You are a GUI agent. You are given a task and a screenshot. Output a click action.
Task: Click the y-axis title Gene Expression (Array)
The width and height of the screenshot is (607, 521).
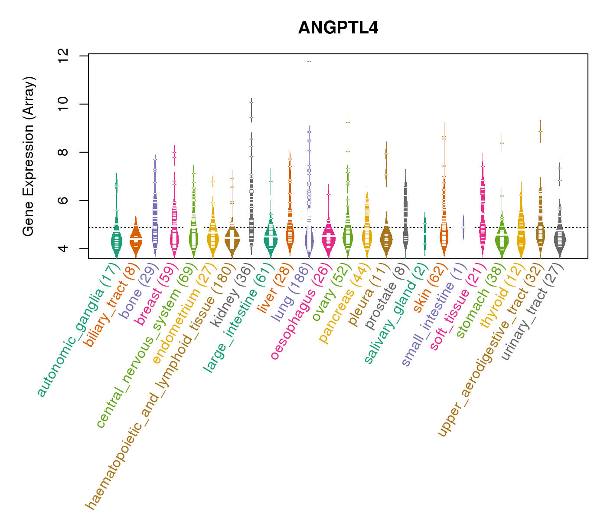tap(29, 156)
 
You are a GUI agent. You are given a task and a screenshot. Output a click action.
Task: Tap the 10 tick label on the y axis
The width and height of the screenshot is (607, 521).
tap(63, 104)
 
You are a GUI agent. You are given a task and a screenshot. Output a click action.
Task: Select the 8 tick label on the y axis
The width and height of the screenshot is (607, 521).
tap(63, 152)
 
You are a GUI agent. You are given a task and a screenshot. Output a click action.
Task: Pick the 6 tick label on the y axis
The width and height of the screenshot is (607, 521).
tap(63, 201)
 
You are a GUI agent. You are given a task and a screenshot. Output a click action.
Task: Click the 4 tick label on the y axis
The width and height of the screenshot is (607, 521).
tap(63, 248)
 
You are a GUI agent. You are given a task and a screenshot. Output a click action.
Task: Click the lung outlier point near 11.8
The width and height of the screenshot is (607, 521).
tap(309, 62)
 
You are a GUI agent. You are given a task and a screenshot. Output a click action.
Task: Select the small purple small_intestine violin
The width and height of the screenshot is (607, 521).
tap(463, 227)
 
